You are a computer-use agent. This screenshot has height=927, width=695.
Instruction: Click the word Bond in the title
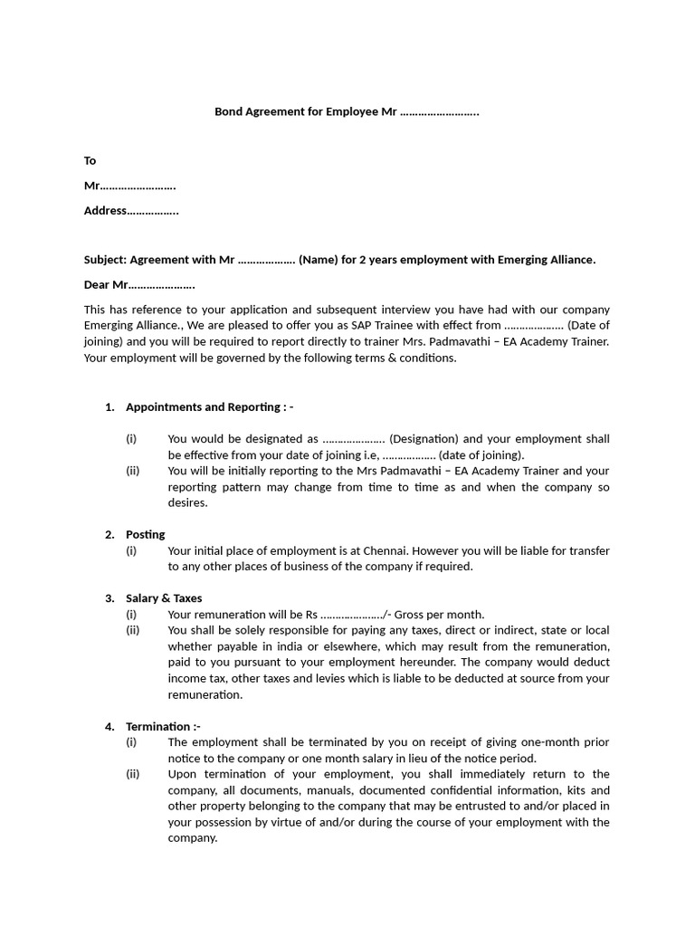(x=228, y=112)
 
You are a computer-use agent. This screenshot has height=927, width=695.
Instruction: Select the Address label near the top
(x=105, y=211)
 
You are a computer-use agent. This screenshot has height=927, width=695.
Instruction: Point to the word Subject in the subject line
(x=105, y=260)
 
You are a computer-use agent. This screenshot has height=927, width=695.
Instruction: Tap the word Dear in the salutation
(x=97, y=285)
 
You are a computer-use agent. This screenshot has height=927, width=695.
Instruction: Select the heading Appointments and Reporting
(x=205, y=407)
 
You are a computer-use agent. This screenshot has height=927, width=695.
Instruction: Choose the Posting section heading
(x=145, y=535)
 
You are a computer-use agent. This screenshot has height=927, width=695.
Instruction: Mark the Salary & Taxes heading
(x=164, y=598)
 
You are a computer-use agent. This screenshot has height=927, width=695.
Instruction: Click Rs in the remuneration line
(x=310, y=614)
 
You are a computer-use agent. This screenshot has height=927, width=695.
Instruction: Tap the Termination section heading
(x=160, y=726)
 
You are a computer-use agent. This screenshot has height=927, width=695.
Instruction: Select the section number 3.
(x=109, y=598)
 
